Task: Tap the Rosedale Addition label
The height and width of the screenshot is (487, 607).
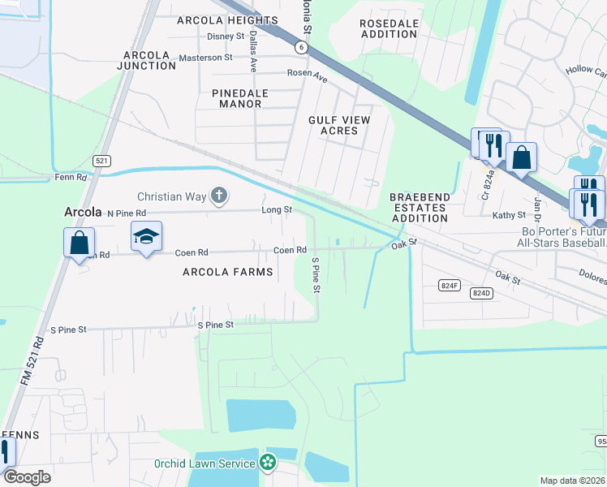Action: coord(390,29)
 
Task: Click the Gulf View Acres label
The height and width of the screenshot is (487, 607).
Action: coord(339,125)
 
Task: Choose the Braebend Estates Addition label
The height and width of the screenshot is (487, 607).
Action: coord(418,208)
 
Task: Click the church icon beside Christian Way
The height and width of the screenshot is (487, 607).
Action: coord(218,196)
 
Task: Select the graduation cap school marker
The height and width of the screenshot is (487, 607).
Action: coord(146,236)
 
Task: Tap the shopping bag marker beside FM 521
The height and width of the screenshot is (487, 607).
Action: coord(80,243)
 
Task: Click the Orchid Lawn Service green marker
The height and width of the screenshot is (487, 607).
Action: coord(269,463)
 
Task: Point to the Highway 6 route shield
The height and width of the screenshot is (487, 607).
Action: coord(302,48)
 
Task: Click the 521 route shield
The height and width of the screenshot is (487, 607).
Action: coord(101,161)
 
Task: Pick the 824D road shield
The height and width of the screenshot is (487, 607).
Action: coord(482,292)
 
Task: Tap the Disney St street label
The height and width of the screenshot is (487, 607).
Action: coord(226,37)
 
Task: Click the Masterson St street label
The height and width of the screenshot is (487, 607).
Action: coord(205,58)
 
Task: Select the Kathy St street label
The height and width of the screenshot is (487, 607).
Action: coord(510,216)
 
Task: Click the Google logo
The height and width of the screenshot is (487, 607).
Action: coord(27,476)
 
